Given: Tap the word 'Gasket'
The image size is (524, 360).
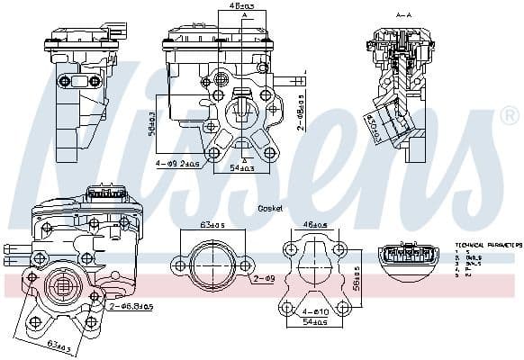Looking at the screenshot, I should [270, 208].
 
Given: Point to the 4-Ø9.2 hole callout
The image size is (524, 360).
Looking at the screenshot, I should [176, 164].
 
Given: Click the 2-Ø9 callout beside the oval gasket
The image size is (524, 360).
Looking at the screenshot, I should [263, 280].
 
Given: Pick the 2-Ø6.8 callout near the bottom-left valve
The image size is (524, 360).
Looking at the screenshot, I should [131, 307].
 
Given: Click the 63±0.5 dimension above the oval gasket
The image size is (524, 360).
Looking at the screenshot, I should [212, 224].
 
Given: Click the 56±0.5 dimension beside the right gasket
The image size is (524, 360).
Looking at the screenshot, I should [357, 277].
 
